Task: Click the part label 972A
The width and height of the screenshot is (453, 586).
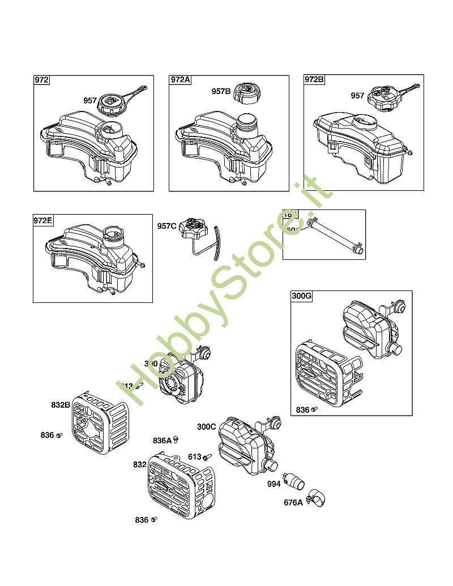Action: (181, 80)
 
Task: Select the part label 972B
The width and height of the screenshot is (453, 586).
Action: (315, 80)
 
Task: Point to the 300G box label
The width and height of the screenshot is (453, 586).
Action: (302, 296)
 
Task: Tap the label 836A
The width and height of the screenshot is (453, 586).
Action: (162, 440)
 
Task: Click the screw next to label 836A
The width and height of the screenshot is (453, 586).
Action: (176, 439)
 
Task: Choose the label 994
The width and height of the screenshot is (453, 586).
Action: (273, 484)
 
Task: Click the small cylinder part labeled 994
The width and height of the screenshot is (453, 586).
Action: (294, 479)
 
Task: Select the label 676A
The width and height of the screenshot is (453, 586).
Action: (293, 502)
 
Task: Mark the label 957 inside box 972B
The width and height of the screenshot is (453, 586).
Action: (357, 96)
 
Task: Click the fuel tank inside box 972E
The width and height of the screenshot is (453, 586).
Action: (93, 258)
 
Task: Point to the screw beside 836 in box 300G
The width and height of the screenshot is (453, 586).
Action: (315, 408)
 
